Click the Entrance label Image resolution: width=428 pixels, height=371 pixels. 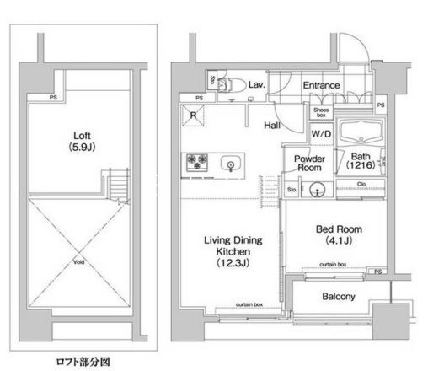tap(320, 85)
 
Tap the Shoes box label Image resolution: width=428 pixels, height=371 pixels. tap(321, 112)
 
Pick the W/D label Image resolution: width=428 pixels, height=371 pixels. tap(320, 133)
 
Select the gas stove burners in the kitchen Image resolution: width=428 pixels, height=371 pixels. tap(199, 162)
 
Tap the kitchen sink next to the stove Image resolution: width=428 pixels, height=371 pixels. tap(228, 163)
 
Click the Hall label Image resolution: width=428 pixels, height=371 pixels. tap(271, 125)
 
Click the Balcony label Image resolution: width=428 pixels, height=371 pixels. tap(338, 297)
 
